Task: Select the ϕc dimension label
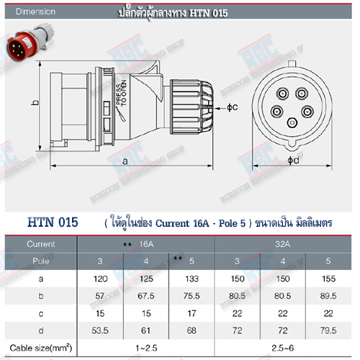(x=231, y=107)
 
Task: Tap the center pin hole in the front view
(x=291, y=123)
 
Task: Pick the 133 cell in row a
(x=191, y=277)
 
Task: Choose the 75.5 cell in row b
(x=191, y=295)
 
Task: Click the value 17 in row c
(x=191, y=313)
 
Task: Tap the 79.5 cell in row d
(x=329, y=330)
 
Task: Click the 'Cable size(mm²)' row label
(x=41, y=349)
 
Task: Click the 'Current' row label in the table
(x=41, y=244)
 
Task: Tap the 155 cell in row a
(x=329, y=277)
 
